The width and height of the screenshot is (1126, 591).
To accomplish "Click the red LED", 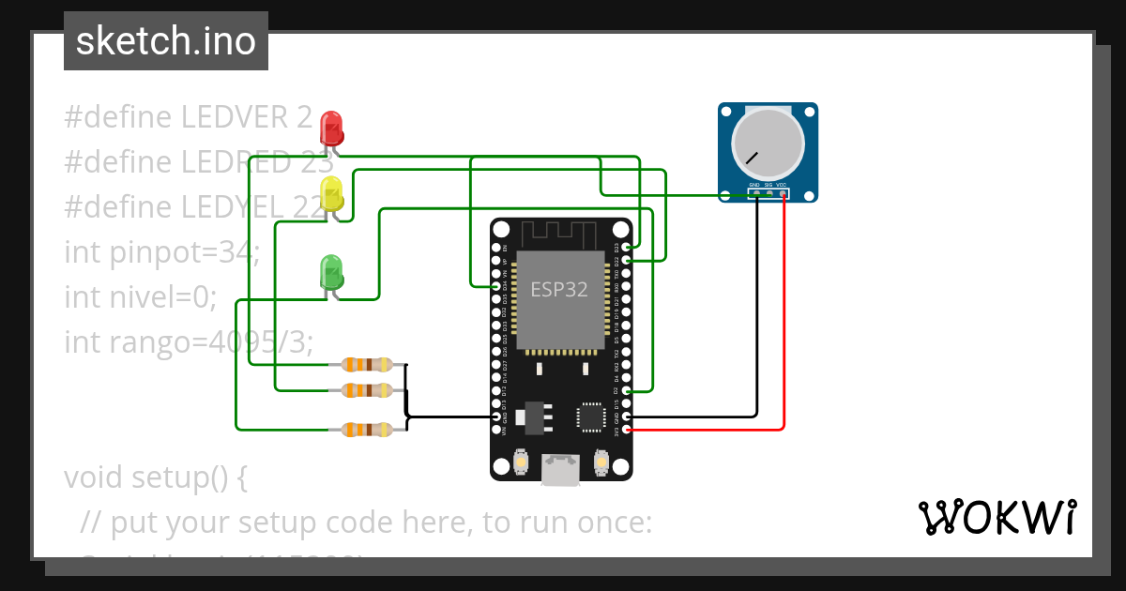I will pos(331,126).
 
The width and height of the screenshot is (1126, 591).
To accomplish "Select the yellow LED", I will pos(331,194).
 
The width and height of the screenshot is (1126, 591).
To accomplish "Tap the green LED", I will pos(331,271).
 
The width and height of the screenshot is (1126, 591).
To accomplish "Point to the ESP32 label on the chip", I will pos(559,289).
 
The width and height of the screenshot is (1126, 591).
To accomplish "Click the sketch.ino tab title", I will pos(165,41).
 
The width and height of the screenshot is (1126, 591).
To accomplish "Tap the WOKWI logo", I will pos(997,517).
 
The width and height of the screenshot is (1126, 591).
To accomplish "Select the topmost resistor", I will pos(368,364).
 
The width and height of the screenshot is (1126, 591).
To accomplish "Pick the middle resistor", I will pos(368,389).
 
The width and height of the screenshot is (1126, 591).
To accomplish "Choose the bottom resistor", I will pos(368,430).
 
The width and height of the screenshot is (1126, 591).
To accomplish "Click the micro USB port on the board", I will pos(561,468).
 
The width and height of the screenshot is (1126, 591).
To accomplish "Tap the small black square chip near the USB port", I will pos(591,417).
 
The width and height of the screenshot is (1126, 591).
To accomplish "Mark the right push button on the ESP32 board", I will pos(601,462).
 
